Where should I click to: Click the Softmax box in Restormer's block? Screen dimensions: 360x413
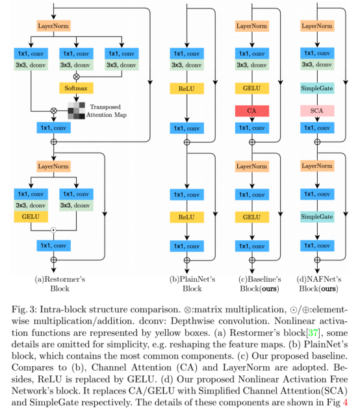(x=76, y=88)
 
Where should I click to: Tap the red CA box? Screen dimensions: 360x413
(x=252, y=111)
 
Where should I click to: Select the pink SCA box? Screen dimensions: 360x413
(x=317, y=110)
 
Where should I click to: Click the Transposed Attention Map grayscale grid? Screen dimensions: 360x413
(x=77, y=111)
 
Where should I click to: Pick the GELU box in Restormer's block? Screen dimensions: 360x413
(x=31, y=217)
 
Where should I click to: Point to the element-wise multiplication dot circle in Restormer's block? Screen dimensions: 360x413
(x=53, y=231)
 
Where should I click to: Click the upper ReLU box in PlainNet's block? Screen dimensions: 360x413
(x=186, y=89)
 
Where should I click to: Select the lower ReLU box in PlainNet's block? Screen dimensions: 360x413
(x=186, y=218)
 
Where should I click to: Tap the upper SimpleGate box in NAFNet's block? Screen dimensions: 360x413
(x=317, y=88)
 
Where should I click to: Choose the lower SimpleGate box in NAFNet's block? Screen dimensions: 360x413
(x=317, y=217)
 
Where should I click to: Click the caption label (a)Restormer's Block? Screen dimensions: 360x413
(x=60, y=284)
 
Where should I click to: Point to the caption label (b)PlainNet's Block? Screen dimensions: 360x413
(x=192, y=284)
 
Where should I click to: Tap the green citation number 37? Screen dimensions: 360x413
(x=313, y=332)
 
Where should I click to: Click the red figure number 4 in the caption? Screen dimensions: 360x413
(x=345, y=402)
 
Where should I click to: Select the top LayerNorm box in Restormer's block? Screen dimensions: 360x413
(x=53, y=26)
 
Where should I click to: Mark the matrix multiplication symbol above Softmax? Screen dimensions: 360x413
(x=76, y=77)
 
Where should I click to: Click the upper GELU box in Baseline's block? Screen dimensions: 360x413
(x=252, y=88)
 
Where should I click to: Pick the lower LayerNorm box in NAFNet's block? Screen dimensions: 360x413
(x=317, y=166)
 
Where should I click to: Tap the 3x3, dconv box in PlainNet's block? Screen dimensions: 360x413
(x=186, y=65)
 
